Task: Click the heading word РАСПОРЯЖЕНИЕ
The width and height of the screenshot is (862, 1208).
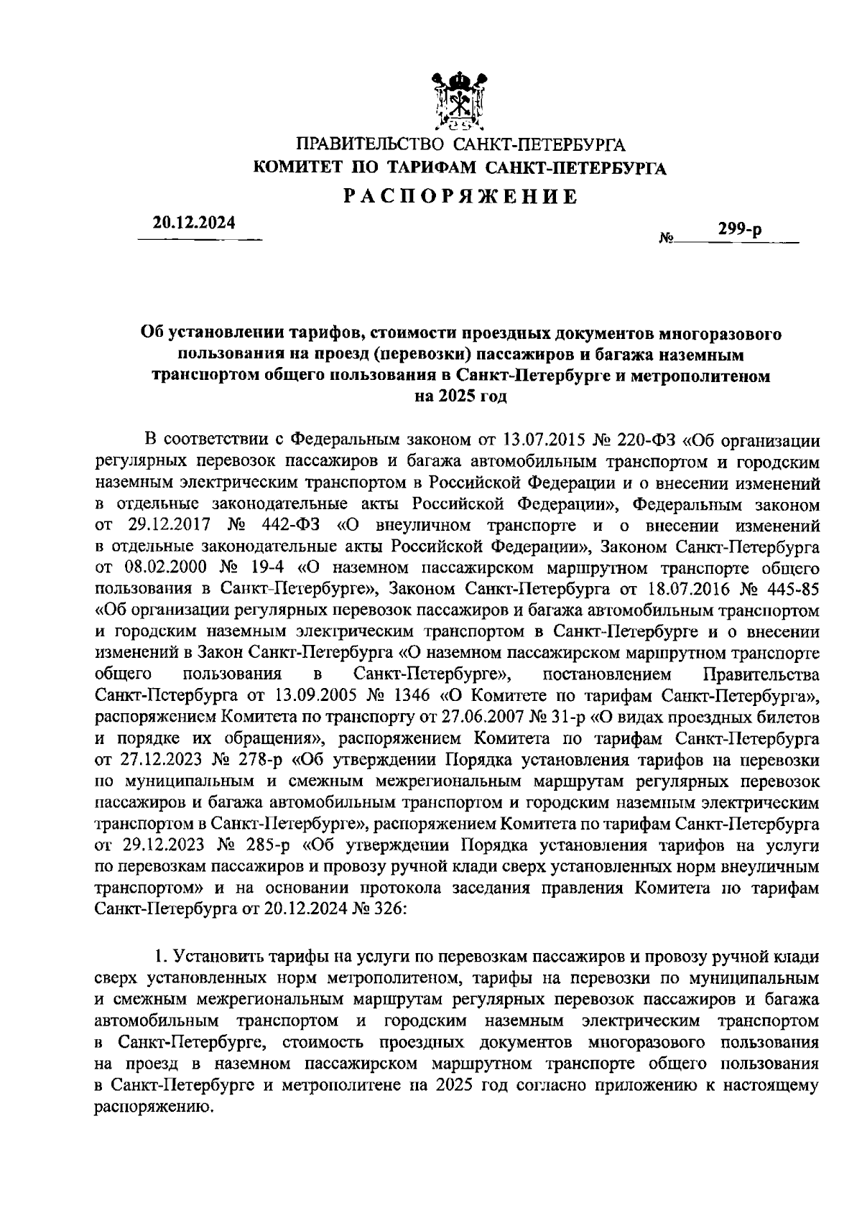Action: [x=460, y=196]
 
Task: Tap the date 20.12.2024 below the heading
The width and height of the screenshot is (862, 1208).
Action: [x=193, y=223]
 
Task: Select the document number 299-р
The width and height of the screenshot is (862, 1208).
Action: [x=739, y=231]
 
